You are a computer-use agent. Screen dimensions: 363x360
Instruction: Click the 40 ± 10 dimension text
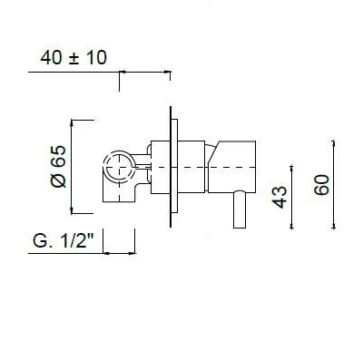click(74, 58)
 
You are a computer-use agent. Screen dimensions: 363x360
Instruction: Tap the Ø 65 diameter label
click(58, 167)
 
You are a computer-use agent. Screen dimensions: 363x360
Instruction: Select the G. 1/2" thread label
click(64, 241)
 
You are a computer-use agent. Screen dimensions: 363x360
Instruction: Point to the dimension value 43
click(280, 197)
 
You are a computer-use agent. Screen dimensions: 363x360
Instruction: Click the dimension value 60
click(321, 185)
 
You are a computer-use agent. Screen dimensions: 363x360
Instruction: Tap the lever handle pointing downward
click(240, 209)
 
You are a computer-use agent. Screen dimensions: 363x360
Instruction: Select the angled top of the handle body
click(213, 152)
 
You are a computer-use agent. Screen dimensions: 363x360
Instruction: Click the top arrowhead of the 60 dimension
click(334, 144)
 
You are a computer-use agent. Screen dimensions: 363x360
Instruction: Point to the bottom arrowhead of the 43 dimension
click(291, 225)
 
